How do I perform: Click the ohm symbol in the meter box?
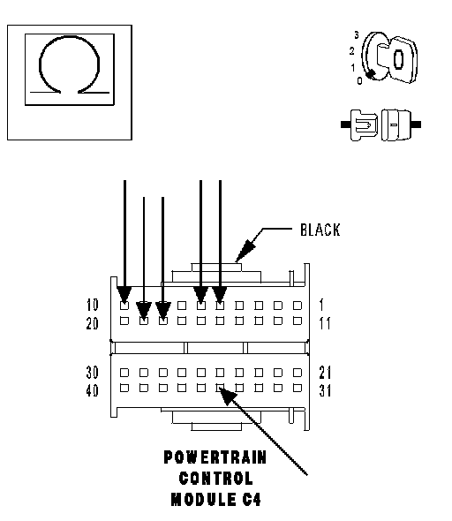70,36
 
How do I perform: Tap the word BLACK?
320,230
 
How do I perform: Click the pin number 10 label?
93,305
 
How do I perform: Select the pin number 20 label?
93,323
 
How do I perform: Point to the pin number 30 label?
93,373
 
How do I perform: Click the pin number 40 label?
93,390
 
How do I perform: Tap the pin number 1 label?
321,305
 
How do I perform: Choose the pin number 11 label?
325,323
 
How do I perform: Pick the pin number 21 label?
325,373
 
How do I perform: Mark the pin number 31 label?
325,390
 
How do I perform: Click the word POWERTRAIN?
215,457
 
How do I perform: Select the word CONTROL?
216,479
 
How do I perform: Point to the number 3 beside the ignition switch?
357,35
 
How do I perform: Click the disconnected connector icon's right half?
401,125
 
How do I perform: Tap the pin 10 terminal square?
124,306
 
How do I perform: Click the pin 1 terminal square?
298,306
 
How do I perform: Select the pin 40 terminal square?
124,388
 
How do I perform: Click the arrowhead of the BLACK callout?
245,251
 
